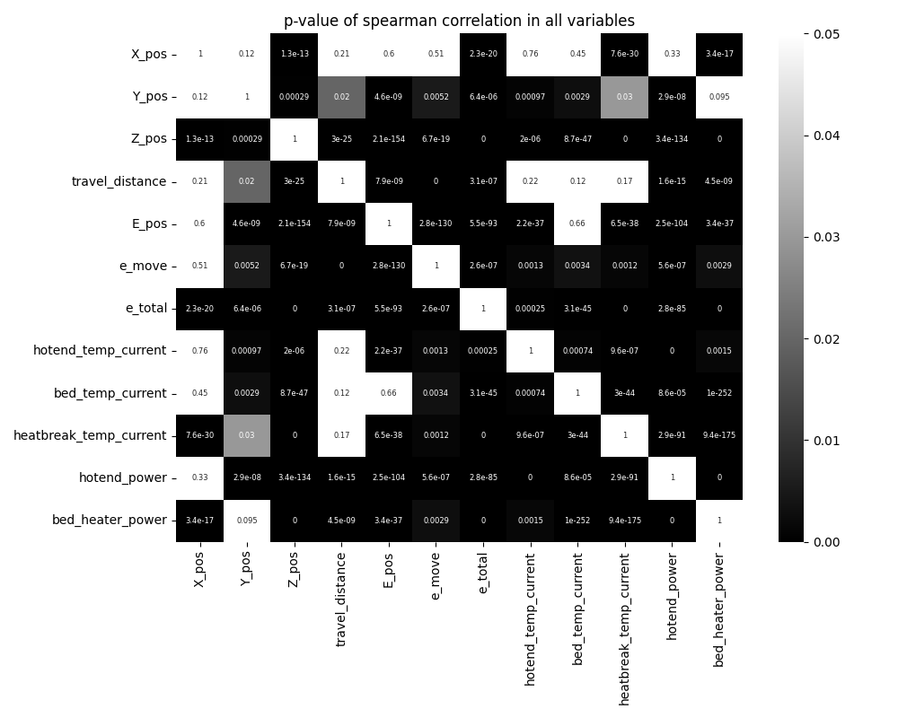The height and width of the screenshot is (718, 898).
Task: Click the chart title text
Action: pos(459,21)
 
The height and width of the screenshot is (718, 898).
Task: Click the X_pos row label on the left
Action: pos(149,54)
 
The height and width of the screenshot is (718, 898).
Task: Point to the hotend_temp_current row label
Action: pos(101,351)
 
